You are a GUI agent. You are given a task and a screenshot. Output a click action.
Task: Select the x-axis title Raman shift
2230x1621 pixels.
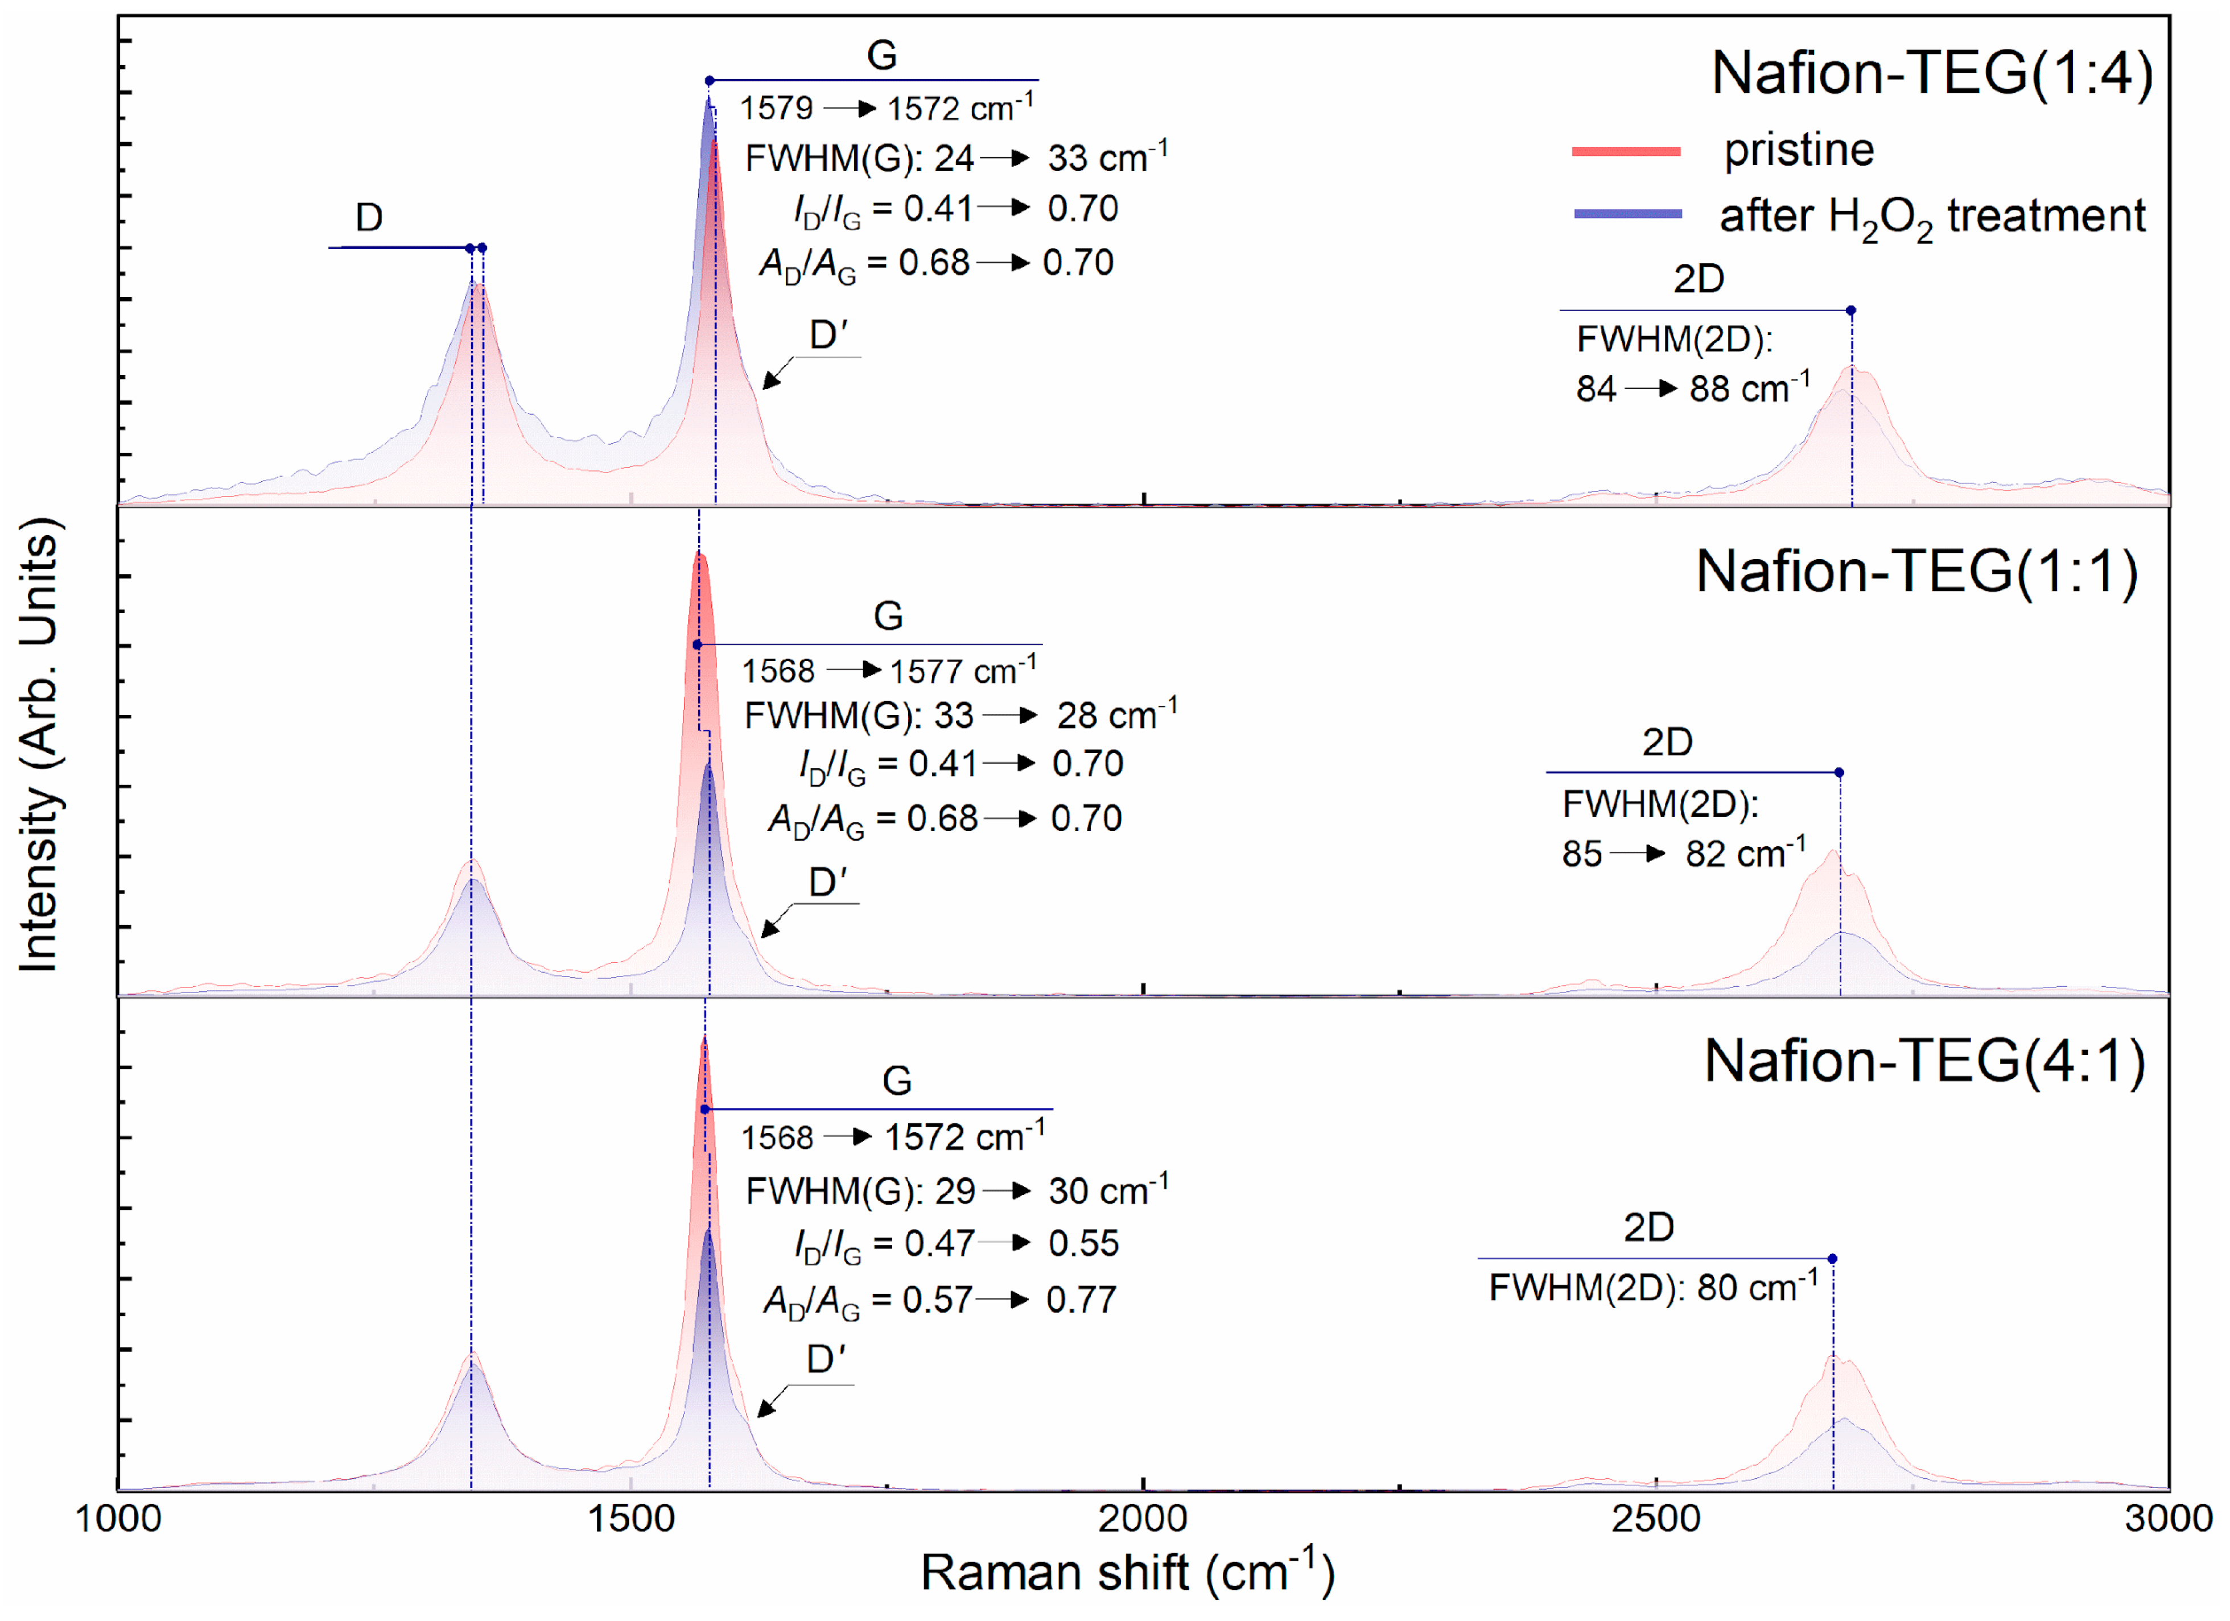pyautogui.click(x=1127, y=1572)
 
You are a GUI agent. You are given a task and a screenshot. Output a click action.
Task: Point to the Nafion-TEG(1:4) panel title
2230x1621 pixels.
pyautogui.click(x=1932, y=74)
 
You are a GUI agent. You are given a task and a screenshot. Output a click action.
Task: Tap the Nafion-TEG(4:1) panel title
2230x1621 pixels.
pyautogui.click(x=1924, y=1062)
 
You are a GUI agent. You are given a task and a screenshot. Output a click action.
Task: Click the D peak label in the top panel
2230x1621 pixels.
pyautogui.click(x=369, y=217)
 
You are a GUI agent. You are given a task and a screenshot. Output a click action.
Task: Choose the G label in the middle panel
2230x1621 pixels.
pyautogui.click(x=888, y=617)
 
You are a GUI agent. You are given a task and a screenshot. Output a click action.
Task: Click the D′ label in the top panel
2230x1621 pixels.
pyautogui.click(x=828, y=336)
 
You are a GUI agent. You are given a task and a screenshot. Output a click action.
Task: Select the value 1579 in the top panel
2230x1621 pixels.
pyautogui.click(x=776, y=108)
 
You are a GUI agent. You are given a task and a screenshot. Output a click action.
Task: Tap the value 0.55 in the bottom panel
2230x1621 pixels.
pyautogui.click(x=1083, y=1243)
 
